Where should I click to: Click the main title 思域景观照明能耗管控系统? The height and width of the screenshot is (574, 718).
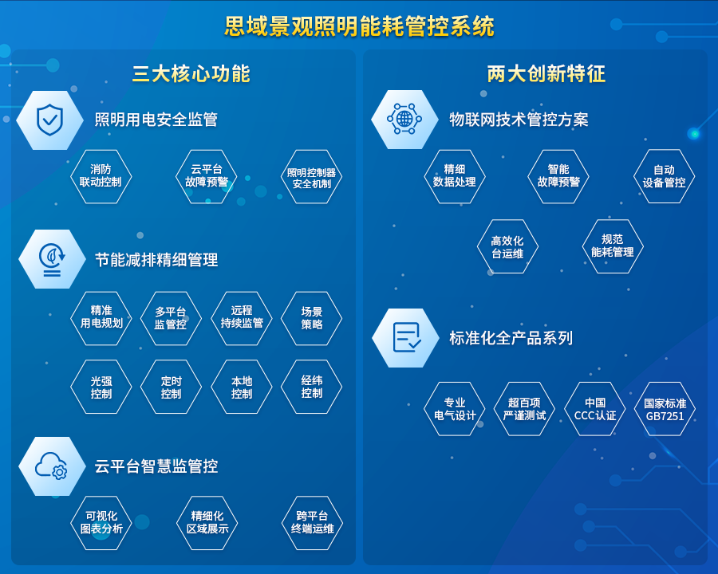click(360, 26)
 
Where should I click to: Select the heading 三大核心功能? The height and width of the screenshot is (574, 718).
click(191, 73)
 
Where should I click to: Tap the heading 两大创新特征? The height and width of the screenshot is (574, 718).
click(546, 73)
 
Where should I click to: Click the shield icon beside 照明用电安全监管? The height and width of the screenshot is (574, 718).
click(49, 120)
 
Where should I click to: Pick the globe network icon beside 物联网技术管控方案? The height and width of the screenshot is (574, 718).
click(404, 119)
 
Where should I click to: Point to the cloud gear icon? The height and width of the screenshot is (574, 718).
click(51, 466)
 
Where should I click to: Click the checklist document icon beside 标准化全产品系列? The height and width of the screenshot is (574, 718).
click(407, 338)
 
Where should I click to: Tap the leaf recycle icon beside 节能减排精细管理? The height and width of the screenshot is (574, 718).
click(52, 260)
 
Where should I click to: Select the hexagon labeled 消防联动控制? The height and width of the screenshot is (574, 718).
click(101, 176)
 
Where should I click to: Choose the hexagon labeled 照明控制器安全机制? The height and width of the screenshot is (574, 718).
click(311, 176)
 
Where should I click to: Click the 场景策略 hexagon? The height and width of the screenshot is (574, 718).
click(311, 318)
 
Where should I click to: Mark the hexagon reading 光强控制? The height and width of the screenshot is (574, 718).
click(101, 387)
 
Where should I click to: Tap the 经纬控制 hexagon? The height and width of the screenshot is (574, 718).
click(311, 387)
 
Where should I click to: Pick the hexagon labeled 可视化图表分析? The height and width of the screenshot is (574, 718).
click(101, 523)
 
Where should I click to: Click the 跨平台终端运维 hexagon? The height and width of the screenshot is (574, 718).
click(312, 523)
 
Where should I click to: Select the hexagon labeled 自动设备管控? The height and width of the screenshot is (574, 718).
click(664, 176)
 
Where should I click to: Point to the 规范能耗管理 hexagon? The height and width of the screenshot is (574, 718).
click(613, 246)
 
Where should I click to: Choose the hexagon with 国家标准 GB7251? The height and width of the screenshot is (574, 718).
click(665, 409)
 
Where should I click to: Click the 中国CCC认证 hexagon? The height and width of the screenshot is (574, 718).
click(595, 409)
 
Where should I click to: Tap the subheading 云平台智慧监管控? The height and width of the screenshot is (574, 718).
click(156, 466)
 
